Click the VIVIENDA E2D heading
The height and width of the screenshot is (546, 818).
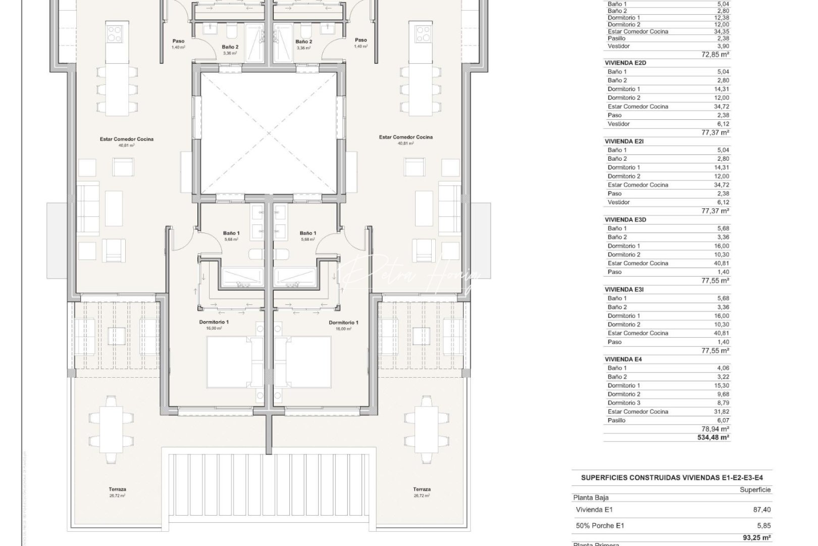(625, 63)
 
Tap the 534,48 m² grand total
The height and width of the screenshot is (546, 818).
(713, 437)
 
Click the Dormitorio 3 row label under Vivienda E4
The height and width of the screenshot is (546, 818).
(624, 403)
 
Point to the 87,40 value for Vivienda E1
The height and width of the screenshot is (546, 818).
(762, 510)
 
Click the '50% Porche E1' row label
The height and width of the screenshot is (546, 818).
(600, 526)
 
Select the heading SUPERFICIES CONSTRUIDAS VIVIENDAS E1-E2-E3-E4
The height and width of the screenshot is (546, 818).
(672, 477)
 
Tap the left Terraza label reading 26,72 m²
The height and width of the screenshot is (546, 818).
(117, 492)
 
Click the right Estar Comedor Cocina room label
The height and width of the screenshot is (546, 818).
(405, 137)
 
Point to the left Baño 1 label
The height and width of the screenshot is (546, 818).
(231, 234)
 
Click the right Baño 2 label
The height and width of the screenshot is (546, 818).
(303, 42)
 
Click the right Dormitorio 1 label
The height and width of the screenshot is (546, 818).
(343, 323)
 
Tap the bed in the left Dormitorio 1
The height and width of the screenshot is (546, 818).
(235, 362)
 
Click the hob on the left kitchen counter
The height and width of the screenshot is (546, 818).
(114, 34)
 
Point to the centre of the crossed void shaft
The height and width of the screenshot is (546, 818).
(268, 133)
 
